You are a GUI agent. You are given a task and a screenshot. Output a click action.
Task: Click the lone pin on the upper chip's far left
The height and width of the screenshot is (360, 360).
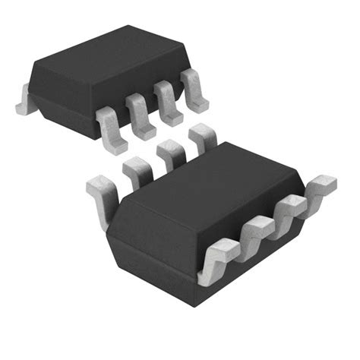pyautogui.click(x=24, y=99)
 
